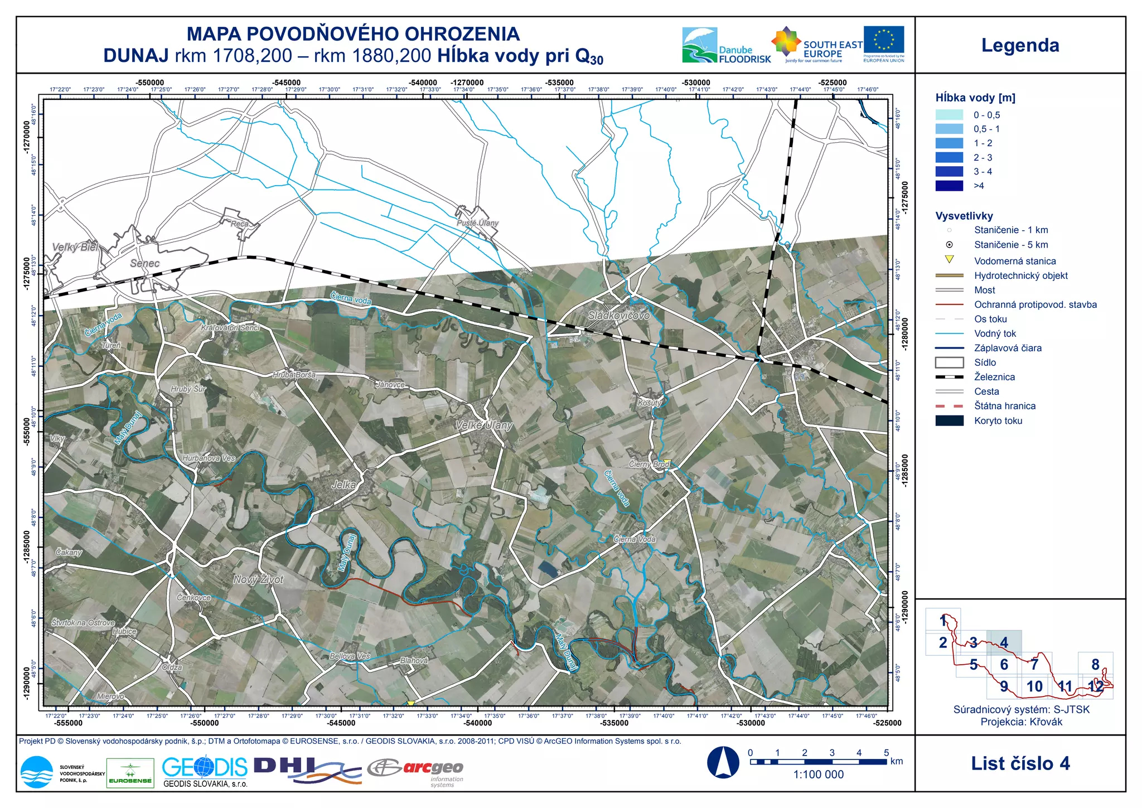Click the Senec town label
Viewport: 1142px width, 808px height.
[144, 263]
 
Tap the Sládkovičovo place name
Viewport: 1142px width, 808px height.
[618, 315]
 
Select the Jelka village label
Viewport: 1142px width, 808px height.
[343, 485]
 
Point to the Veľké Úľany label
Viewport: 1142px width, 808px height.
[483, 425]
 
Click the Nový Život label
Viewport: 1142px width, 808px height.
[258, 579]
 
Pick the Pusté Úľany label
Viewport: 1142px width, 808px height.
[477, 222]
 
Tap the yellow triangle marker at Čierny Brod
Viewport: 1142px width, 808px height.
[666, 463]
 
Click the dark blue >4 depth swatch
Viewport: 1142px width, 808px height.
[949, 186]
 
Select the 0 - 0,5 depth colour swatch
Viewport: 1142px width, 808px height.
[949, 115]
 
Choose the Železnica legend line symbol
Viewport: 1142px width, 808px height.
[949, 377]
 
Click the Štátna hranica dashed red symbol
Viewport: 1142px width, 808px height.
[949, 406]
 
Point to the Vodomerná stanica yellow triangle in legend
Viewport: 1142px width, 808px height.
[949, 259]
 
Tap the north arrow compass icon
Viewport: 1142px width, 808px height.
[723, 762]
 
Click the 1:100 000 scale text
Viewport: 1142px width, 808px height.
[818, 775]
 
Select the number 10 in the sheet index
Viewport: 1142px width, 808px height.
[1034, 686]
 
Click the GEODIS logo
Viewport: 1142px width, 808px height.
[205, 768]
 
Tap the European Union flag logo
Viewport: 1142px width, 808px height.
[884, 40]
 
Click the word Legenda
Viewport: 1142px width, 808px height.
[1020, 45]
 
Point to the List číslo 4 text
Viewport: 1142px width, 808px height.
[1020, 763]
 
